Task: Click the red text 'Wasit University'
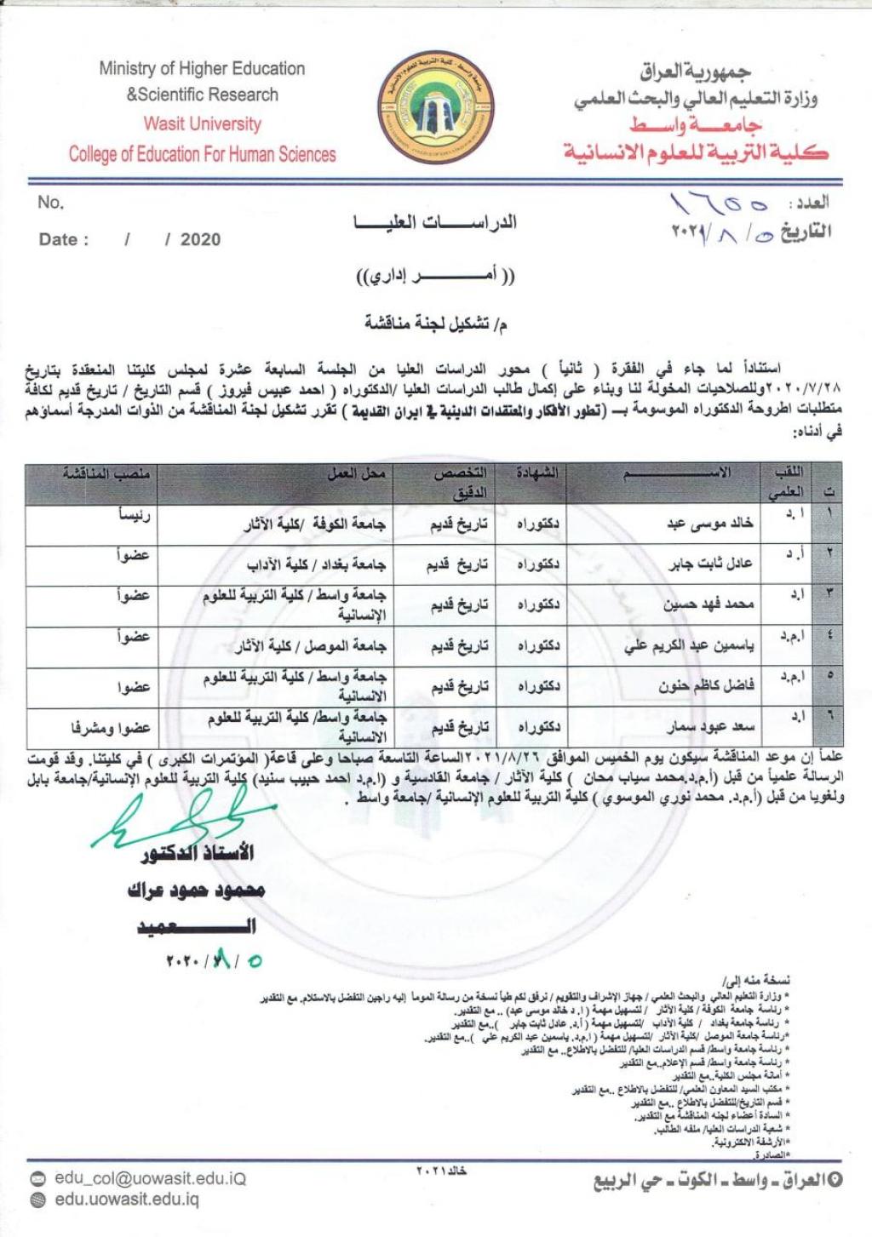pos(202,123)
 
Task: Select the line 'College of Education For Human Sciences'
pos(202,154)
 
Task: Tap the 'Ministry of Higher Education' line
pos(202,68)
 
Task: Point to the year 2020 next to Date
pos(200,239)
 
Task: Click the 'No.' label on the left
pos(50,203)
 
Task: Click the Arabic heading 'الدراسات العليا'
pos(435,223)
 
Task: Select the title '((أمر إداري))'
pos(435,277)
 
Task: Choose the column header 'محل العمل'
pos(357,472)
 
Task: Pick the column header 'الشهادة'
pos(537,472)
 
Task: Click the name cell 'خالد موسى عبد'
pos(710,524)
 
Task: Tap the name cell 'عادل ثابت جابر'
pos(710,564)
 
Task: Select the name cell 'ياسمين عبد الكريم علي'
pos(689,645)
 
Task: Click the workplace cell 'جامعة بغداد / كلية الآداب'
pos(316,564)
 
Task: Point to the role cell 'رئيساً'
pos(135,516)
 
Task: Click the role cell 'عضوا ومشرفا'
pos(111,728)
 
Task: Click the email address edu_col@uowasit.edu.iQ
pos(150,1179)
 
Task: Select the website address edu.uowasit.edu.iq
pos(126,1200)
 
